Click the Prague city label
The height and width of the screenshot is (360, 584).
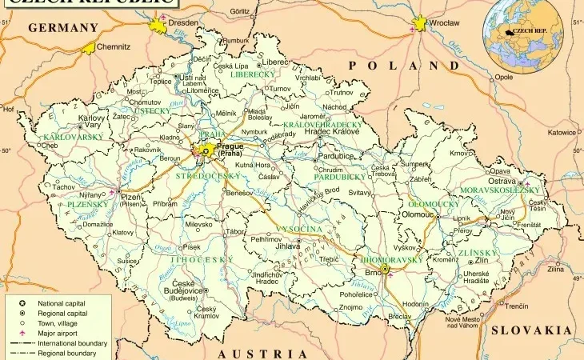(x=230, y=147)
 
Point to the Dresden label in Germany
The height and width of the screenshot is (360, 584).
(x=183, y=23)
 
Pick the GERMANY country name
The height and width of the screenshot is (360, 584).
(x=62, y=27)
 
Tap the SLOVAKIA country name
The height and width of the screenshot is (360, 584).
(x=531, y=330)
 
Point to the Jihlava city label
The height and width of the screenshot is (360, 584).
(x=287, y=247)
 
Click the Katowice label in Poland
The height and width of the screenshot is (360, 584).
(x=561, y=133)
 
